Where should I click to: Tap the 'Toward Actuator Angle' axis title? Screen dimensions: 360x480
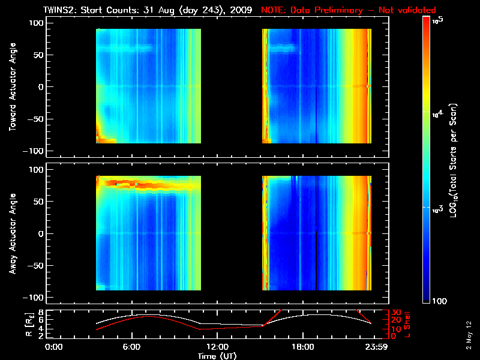(x=13, y=87)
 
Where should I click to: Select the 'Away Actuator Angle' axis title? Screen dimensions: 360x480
(x=13, y=233)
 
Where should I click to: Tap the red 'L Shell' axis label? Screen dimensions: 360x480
(x=408, y=324)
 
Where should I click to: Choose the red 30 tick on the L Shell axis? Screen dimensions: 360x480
(x=396, y=313)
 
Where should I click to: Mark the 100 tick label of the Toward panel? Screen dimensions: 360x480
(x=37, y=22)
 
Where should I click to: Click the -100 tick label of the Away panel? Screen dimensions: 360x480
(x=34, y=298)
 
